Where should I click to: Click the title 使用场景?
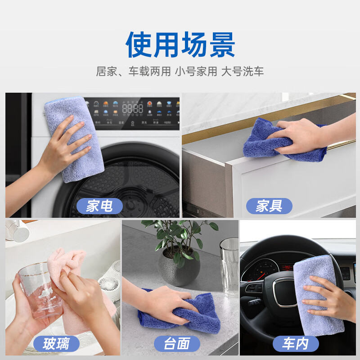pos(180,44)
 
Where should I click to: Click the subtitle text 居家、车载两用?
pos(133,72)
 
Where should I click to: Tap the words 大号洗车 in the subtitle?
pos(242,72)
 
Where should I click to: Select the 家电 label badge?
pos(99,206)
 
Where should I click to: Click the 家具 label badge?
pos(269,206)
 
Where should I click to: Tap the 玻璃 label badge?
pos(56,344)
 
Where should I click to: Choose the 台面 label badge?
pos(176,344)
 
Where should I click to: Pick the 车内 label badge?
pos(295,344)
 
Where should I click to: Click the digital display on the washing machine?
pos(133,108)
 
